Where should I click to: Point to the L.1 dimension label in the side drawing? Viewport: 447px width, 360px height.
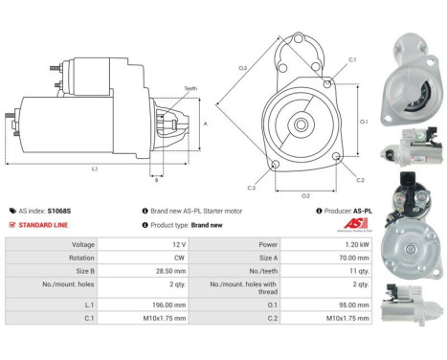click(95, 169)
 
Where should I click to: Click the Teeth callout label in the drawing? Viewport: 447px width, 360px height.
click(190, 88)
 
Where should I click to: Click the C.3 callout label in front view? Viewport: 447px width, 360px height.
click(251, 188)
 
